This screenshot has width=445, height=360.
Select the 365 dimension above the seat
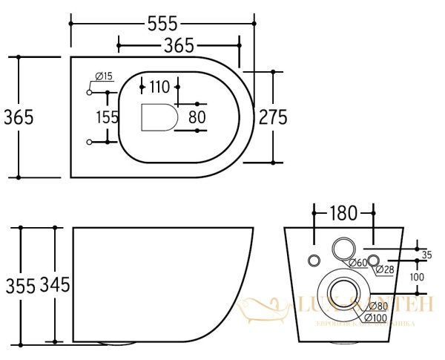179,46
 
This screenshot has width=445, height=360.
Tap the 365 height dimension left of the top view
19,117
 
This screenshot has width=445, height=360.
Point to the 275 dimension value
272,117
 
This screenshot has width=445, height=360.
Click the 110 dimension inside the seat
159,86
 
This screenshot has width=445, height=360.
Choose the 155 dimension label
108,117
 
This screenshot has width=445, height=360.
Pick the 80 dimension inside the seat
197,117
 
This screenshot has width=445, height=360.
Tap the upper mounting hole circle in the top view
90,93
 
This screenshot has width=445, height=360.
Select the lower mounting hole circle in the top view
90,141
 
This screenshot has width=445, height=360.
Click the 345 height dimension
54,285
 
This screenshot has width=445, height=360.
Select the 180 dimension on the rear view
342,215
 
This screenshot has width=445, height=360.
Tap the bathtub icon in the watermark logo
265,307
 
